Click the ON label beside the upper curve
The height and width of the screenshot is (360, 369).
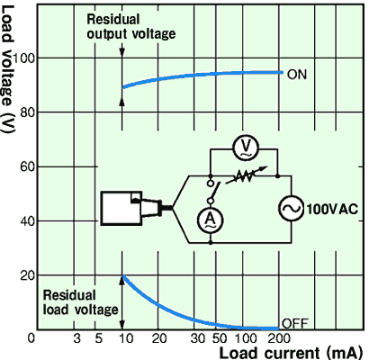coord(297,75)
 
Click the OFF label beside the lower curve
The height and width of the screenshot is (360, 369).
coord(295,324)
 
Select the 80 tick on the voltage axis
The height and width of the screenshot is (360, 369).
coord(27,113)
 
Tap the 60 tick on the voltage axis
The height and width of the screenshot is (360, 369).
coord(27,166)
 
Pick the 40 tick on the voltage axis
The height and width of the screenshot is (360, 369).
coord(27,221)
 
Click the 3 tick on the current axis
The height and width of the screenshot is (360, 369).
coord(77,338)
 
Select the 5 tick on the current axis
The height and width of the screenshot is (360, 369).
coord(99,338)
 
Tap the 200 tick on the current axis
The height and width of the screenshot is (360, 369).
coord(279,338)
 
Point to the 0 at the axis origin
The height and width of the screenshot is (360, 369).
coord(31,338)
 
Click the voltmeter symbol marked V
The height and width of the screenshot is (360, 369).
coord(246,148)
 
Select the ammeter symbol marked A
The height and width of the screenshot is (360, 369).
coord(211,220)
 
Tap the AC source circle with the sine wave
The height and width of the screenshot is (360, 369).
coord(291,209)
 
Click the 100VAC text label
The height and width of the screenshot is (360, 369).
coord(332,209)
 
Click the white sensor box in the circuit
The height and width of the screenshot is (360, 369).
coord(121,208)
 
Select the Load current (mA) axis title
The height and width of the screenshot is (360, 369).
coord(291,353)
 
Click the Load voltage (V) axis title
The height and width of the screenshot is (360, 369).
coord(8,69)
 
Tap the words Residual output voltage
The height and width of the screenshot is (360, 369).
coord(131,27)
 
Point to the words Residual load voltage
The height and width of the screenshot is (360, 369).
coord(81,302)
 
